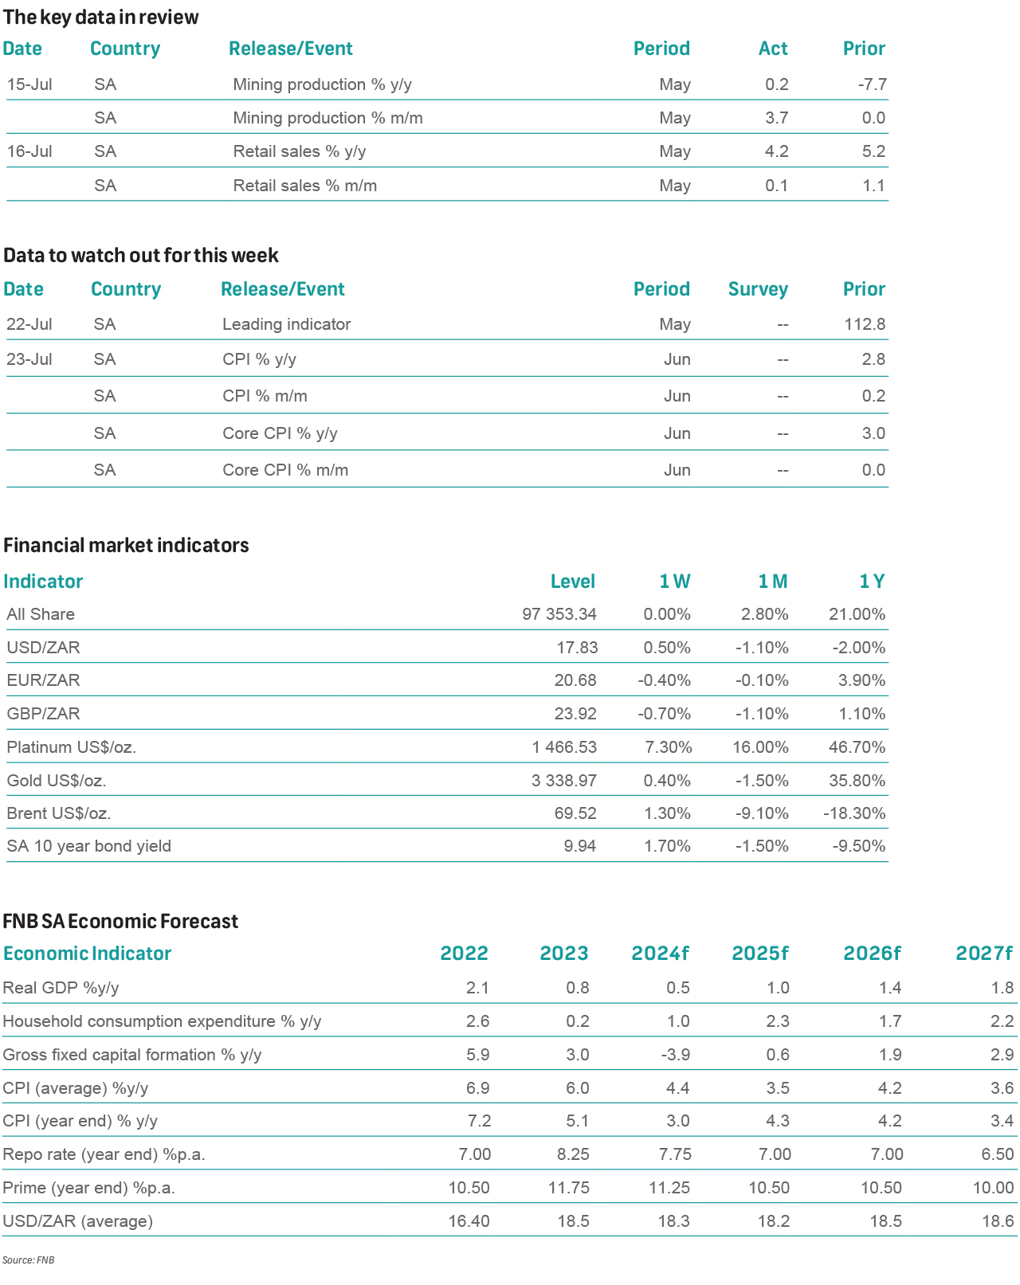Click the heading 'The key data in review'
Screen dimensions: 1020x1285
(100, 18)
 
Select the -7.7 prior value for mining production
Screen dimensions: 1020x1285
(872, 84)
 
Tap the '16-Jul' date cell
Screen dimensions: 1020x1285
(29, 151)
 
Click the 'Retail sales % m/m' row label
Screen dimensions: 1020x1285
(304, 185)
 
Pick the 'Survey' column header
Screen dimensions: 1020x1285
(758, 290)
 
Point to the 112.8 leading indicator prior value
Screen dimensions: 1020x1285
(864, 324)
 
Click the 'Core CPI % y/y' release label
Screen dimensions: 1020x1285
(280, 433)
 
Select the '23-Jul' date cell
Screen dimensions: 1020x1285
(29, 358)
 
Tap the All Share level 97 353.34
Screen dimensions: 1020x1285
(559, 614)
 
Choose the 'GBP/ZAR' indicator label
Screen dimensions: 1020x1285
(43, 713)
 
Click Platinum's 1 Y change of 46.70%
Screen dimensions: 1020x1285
(857, 746)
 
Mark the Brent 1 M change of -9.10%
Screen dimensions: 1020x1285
(762, 813)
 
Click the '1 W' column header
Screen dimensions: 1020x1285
(674, 581)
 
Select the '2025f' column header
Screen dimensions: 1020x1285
(759, 953)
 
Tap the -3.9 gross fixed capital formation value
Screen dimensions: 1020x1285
(675, 1054)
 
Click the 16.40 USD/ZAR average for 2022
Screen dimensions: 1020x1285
(469, 1220)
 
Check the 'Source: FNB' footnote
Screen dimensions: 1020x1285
(28, 1260)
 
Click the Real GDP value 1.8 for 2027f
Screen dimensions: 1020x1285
(1002, 988)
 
